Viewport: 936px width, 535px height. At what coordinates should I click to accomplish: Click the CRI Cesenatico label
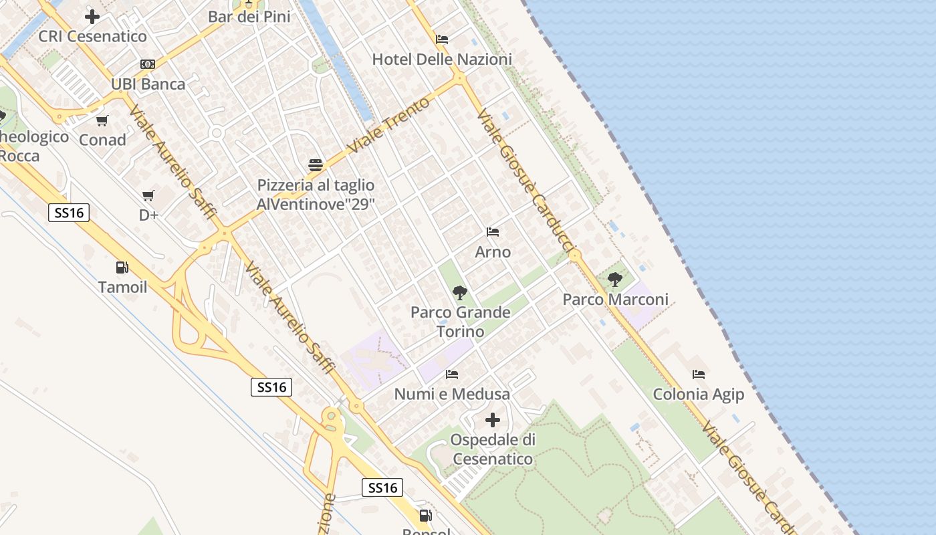(x=92, y=36)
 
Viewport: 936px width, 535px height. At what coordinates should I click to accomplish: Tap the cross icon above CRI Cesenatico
(x=92, y=17)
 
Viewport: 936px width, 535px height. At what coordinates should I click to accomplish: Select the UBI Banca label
(x=148, y=84)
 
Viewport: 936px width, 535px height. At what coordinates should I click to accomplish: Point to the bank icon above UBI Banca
(x=148, y=64)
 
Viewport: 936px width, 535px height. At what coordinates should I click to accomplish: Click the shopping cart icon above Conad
(x=102, y=121)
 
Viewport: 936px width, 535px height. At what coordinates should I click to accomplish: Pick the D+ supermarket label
(x=148, y=215)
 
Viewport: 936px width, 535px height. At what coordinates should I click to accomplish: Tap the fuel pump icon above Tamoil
(x=122, y=267)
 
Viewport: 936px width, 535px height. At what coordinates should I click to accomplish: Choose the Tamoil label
(x=122, y=288)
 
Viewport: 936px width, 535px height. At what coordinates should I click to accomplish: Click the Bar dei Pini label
(x=249, y=17)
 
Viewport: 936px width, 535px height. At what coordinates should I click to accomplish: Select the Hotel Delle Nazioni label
(x=442, y=59)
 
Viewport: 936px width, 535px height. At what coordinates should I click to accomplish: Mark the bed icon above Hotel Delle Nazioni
(x=442, y=39)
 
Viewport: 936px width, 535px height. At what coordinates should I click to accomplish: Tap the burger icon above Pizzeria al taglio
(x=316, y=165)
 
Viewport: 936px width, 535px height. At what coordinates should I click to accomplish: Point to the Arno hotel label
(x=493, y=252)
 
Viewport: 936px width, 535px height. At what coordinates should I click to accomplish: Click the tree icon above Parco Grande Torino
(x=459, y=292)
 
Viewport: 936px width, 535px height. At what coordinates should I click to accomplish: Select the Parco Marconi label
(x=615, y=299)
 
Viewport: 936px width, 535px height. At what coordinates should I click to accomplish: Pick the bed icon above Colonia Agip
(x=699, y=374)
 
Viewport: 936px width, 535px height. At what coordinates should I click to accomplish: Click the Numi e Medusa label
(x=452, y=394)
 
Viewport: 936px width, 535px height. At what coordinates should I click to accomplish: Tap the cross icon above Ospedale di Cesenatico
(x=493, y=420)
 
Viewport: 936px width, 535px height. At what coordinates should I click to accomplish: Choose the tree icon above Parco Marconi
(x=615, y=280)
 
